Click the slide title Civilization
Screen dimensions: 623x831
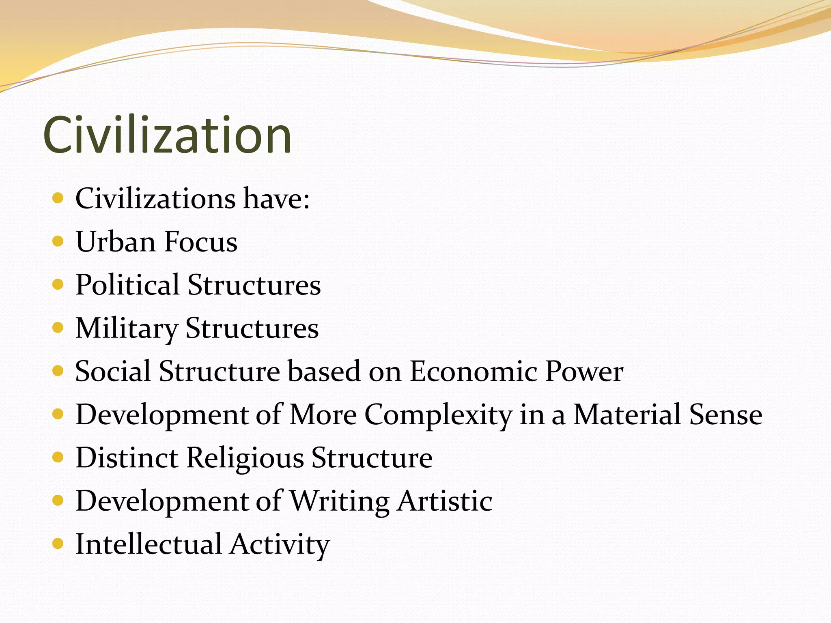[167, 135]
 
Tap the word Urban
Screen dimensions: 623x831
[116, 242]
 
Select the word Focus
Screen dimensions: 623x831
[201, 242]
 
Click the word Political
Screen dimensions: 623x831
[127, 285]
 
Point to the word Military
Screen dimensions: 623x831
[127, 329]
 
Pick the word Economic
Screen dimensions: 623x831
[473, 371]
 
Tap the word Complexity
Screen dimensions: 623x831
[438, 415]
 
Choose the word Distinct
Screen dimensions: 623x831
[127, 458]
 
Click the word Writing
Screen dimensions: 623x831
[340, 501]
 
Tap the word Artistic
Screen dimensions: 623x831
[445, 501]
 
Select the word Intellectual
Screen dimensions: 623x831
[149, 544]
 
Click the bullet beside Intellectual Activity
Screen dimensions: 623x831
[58, 544]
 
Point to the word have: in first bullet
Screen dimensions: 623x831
[276, 199]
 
